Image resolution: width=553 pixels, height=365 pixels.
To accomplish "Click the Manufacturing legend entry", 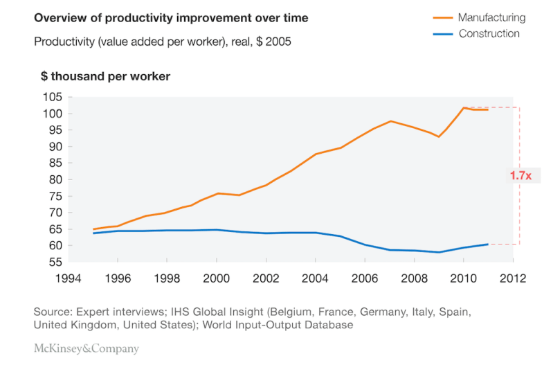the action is [x=480, y=17].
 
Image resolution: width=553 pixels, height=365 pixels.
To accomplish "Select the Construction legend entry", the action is [x=476, y=33].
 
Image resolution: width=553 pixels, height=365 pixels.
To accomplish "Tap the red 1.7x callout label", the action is [x=520, y=175].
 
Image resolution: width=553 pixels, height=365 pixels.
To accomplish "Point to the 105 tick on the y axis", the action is [x=53, y=97].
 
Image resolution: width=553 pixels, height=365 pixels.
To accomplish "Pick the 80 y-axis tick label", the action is [x=55, y=179].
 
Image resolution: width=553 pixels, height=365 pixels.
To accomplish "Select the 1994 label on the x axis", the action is [x=68, y=278].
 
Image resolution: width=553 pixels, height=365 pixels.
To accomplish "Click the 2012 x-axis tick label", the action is [x=513, y=278].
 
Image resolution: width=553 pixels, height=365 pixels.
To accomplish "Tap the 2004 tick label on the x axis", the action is [x=315, y=278].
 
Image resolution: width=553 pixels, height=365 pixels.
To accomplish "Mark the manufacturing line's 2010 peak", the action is [x=464, y=107].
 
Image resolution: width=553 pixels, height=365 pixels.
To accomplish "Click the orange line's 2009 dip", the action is [x=439, y=136].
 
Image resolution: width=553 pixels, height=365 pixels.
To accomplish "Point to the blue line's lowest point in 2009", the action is [x=439, y=252].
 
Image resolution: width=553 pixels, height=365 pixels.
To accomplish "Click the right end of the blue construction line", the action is [x=488, y=244].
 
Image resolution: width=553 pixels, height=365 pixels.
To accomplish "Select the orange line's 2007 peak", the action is [x=390, y=121].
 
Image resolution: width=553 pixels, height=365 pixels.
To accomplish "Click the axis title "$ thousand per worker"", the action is [x=105, y=76].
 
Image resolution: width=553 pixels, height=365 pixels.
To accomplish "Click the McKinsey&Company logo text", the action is [x=87, y=348].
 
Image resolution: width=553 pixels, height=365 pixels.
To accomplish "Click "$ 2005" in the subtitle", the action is [x=273, y=42].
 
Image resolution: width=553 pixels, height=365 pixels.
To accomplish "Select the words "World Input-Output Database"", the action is [x=278, y=325].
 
